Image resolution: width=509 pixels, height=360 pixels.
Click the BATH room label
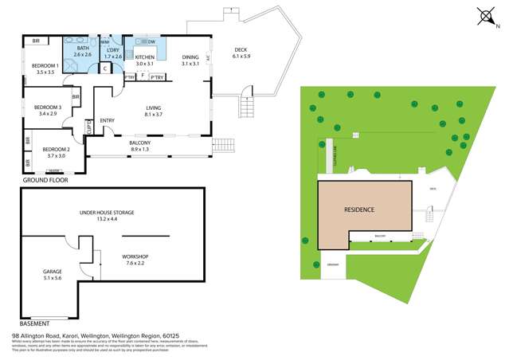pyautogui.click(x=83, y=51)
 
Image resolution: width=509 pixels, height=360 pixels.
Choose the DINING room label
pyautogui.click(x=190, y=58)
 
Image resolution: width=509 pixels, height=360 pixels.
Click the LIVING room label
pyautogui.click(x=154, y=110)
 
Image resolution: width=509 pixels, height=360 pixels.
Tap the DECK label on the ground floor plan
pyautogui.click(x=241, y=51)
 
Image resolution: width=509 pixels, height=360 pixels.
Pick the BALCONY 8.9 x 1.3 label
pyautogui.click(x=140, y=143)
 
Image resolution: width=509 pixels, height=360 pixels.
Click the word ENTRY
pyautogui.click(x=108, y=121)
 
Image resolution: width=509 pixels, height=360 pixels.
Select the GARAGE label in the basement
pyautogui.click(x=52, y=272)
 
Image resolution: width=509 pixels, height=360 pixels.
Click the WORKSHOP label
pyautogui.click(x=135, y=256)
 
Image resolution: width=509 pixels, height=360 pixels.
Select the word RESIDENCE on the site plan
pyautogui.click(x=359, y=209)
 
